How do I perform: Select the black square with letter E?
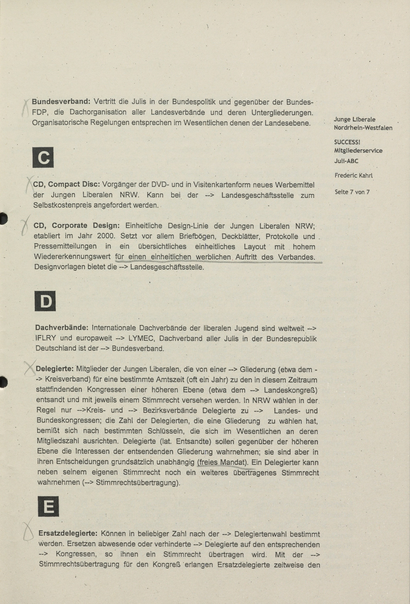tap(48, 506)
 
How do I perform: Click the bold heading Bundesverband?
tap(61, 102)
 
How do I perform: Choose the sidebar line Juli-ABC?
tap(346, 161)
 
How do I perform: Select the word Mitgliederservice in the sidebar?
tap(358, 151)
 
